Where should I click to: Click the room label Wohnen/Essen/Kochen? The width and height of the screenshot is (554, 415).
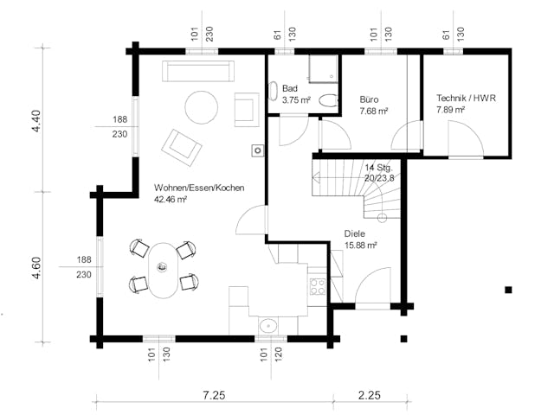click(x=198, y=188)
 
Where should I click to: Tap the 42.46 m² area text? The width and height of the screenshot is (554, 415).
click(x=171, y=199)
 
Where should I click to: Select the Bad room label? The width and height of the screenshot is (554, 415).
click(x=290, y=89)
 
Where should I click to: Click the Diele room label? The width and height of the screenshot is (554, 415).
click(x=353, y=233)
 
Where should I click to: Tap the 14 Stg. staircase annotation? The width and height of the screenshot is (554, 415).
click(x=379, y=167)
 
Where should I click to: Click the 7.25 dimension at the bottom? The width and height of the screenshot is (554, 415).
click(x=214, y=395)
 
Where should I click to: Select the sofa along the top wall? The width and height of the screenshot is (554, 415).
click(x=195, y=72)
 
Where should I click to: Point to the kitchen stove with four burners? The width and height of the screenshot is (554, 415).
click(x=317, y=285)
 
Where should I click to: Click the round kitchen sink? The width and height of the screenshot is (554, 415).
click(x=268, y=326)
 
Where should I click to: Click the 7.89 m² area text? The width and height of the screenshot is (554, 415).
click(x=452, y=111)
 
